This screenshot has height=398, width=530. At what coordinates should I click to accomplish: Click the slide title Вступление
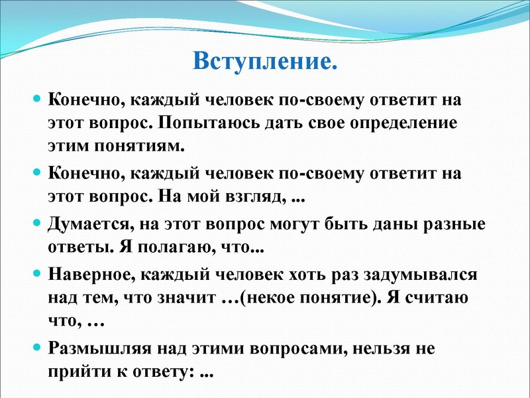[265, 62]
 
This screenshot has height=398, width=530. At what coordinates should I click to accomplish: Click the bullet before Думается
[37, 223]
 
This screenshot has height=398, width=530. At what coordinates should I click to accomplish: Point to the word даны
[394, 223]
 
